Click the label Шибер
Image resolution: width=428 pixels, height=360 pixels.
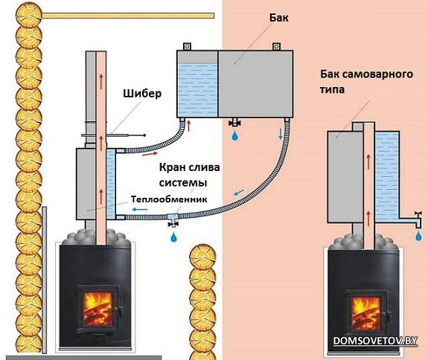[x=142, y=94]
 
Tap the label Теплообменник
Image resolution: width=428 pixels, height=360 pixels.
[x=169, y=199]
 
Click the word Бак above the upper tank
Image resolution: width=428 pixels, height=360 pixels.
[x=278, y=18]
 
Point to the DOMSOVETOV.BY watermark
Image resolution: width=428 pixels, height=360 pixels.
[x=375, y=341]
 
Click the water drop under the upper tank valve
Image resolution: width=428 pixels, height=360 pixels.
[x=234, y=136]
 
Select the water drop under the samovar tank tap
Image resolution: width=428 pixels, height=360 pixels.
[x=418, y=236]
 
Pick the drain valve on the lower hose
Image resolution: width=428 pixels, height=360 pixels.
[x=173, y=220]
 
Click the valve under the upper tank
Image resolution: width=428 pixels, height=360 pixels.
[x=234, y=123]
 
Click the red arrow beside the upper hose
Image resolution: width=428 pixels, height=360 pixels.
[x=150, y=154]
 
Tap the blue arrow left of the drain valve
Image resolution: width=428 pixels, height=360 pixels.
[x=140, y=210]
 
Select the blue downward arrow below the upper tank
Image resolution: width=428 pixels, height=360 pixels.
[x=281, y=133]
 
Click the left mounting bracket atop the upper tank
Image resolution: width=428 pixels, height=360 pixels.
[x=187, y=46]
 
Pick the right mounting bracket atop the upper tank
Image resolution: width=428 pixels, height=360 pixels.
[x=276, y=46]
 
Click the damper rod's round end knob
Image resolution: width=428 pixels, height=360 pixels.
[x=144, y=135]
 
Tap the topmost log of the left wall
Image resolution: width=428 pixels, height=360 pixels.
[x=29, y=14]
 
